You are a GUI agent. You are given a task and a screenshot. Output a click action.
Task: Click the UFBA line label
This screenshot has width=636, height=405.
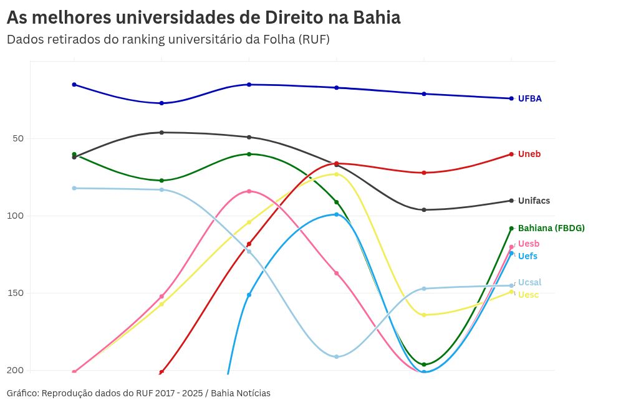tap(529, 98)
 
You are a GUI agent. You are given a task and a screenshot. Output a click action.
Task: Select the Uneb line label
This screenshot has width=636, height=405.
tap(529, 154)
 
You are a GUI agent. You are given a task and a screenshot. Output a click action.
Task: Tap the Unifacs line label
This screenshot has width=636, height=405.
tap(534, 201)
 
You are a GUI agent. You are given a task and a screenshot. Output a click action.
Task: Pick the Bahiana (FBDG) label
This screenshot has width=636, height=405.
tap(551, 228)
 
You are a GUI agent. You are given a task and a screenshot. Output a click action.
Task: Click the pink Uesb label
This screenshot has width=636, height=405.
tap(529, 244)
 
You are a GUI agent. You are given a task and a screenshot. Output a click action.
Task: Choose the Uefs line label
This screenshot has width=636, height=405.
tap(528, 256)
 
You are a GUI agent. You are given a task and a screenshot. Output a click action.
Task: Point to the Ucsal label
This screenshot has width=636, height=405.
tap(529, 282)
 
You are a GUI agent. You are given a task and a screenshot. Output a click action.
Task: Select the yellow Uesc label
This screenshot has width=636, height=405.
tap(529, 295)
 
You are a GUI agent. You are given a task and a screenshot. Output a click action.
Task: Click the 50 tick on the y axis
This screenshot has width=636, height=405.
tap(18, 138)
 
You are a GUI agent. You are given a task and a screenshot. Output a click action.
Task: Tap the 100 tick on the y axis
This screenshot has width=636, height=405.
tap(16, 216)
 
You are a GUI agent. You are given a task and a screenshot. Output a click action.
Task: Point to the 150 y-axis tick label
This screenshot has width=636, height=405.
tap(16, 293)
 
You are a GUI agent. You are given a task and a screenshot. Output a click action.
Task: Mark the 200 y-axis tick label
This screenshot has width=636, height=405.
tap(16, 370)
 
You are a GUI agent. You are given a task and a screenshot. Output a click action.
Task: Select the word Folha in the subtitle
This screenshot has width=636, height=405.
tap(277, 39)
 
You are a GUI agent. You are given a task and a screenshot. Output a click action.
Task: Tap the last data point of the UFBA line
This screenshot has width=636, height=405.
tap(511, 98)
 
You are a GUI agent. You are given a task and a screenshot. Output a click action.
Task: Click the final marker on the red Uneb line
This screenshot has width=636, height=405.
tap(511, 154)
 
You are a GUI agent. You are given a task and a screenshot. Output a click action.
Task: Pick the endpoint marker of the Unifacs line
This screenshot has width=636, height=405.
tap(511, 201)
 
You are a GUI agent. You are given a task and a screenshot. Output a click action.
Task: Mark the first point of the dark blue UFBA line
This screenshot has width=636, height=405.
tap(74, 84)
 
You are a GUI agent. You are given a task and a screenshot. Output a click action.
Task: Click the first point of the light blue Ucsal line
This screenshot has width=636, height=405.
tap(74, 188)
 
